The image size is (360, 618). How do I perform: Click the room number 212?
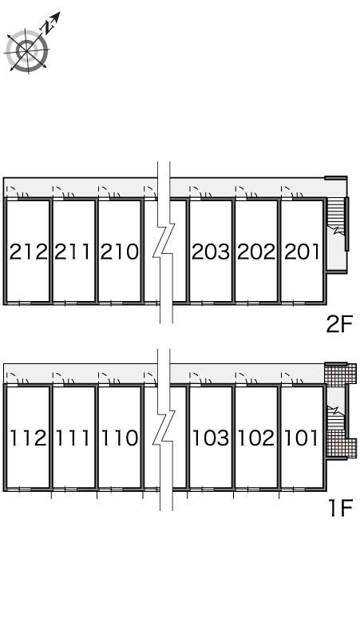29,252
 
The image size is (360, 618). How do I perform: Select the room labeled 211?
73,252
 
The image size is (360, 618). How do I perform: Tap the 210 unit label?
120,252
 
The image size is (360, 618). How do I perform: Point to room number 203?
210,252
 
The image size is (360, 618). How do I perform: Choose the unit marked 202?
256,252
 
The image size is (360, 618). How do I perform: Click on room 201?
302,252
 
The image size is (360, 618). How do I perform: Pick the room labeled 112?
29,438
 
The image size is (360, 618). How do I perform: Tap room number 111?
73,438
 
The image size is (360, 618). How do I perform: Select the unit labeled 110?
120,438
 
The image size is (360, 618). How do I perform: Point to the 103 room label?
210,438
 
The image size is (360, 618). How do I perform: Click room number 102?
256,438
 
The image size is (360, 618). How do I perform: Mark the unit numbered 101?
301,438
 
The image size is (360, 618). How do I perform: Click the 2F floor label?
339,325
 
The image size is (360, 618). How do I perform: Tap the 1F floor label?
340,508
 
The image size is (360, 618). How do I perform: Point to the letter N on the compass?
48,27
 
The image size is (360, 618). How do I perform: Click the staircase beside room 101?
336,417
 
